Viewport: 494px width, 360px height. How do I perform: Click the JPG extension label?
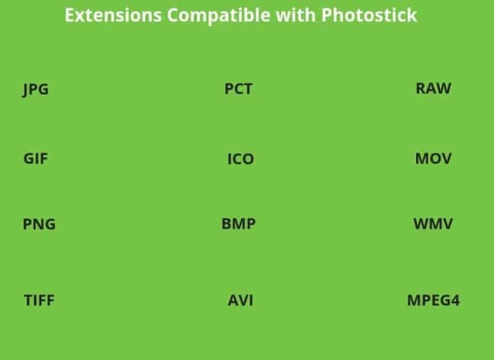point(35,89)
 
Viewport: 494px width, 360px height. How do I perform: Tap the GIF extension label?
point(35,158)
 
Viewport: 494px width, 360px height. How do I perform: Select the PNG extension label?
point(39,224)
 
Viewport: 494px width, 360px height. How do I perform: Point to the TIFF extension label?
point(39,300)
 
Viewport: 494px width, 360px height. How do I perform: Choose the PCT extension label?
point(238,89)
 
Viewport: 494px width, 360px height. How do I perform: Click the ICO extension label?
point(240,159)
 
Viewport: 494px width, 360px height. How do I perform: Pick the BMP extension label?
point(239,224)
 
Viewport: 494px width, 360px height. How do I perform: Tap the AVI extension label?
point(240,300)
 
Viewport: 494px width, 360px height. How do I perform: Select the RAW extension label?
point(434,88)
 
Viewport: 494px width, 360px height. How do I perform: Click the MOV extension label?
point(434,158)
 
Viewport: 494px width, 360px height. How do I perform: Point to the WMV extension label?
point(433,224)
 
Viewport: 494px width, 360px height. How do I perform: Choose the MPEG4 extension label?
point(433,300)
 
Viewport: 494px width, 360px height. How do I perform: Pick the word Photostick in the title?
point(369,15)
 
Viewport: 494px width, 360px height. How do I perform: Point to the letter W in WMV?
point(421,224)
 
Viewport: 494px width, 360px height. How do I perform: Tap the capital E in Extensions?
point(69,15)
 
